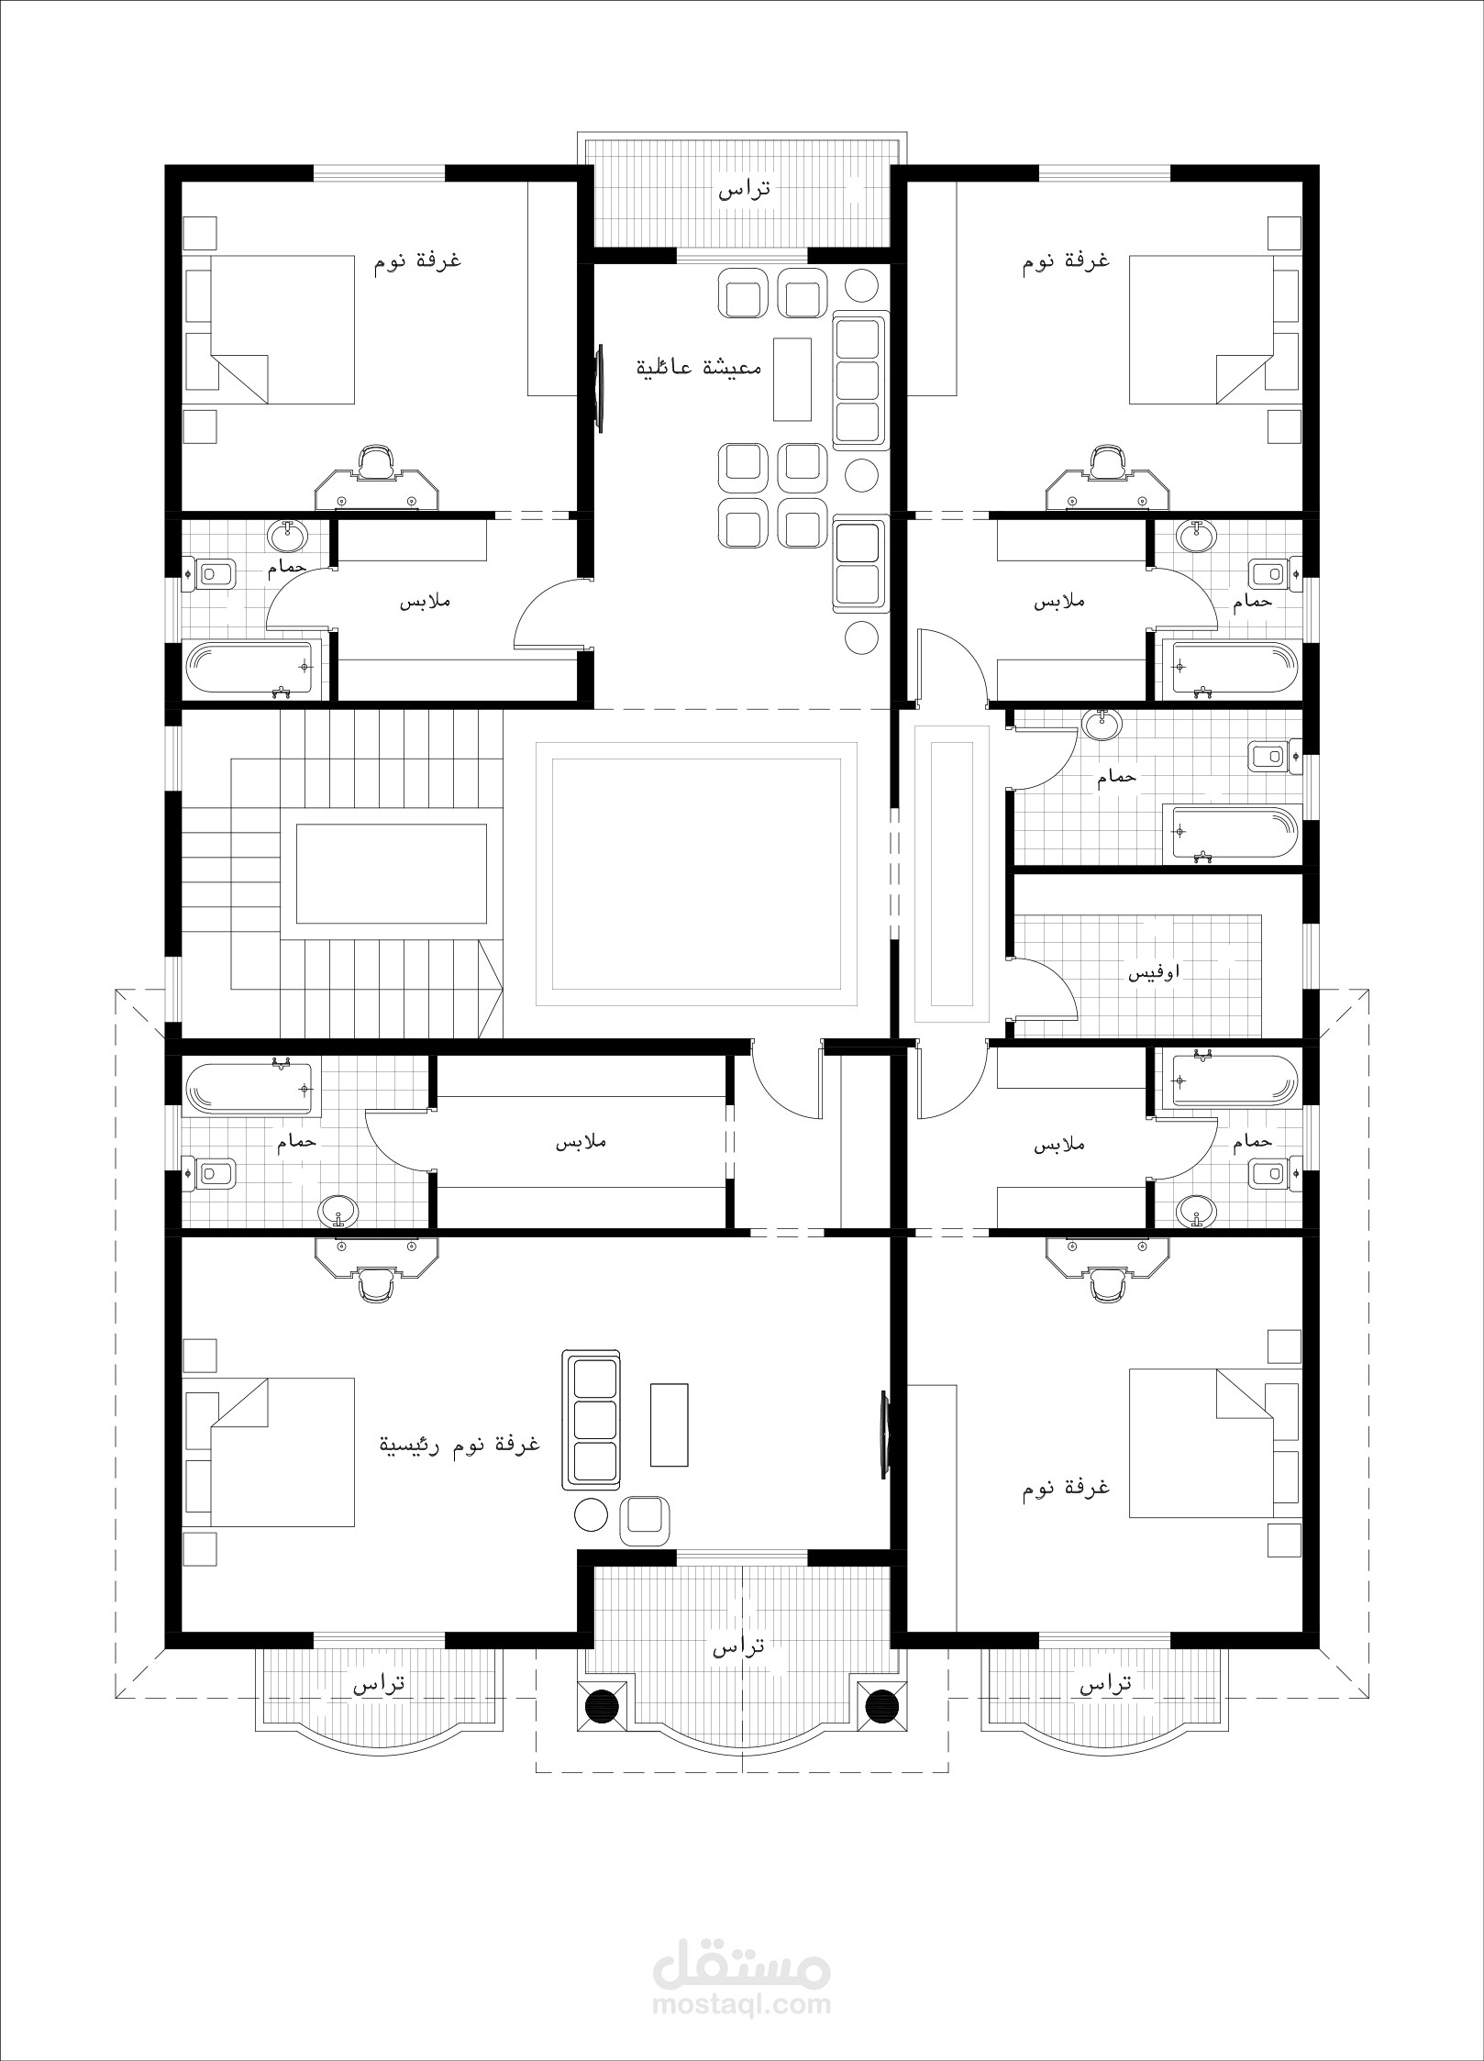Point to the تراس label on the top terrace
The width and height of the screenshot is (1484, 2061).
pyautogui.click(x=744, y=190)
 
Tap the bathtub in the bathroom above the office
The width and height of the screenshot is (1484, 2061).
pyautogui.click(x=1231, y=833)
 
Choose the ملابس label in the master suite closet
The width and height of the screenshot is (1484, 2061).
pyautogui.click(x=581, y=1143)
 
